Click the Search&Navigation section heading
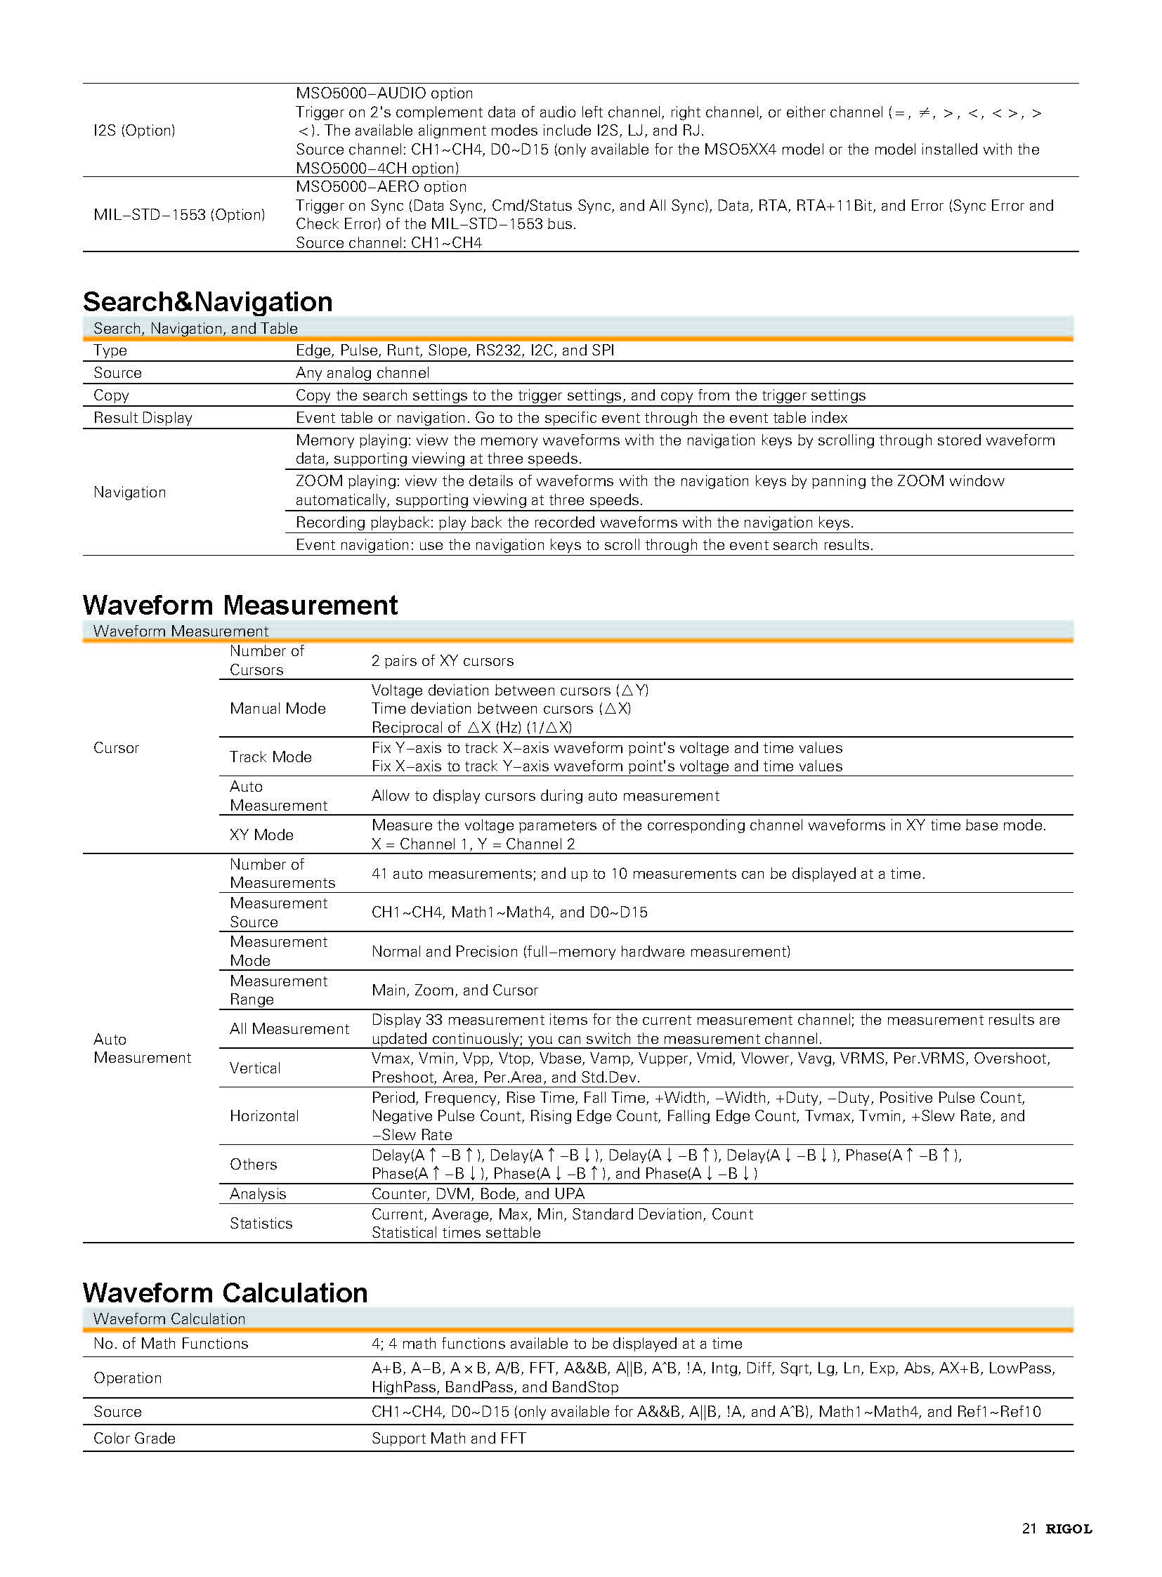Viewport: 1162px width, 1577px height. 207,302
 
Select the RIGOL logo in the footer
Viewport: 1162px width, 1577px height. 1068,1529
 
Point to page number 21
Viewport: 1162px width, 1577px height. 1029,1529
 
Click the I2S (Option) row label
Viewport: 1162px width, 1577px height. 134,131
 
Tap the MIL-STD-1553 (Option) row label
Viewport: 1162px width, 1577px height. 179,214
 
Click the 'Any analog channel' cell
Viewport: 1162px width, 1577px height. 363,373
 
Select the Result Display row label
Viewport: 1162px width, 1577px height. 143,418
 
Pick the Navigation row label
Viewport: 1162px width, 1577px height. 130,492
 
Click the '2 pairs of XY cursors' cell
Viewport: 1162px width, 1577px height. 443,661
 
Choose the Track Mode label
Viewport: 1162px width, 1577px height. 270,757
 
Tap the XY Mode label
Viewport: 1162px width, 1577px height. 261,835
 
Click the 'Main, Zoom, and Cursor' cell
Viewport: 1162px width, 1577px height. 455,990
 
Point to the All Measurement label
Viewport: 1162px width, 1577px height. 289,1029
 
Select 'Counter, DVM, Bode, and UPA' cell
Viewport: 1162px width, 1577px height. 478,1193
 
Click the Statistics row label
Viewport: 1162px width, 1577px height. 261,1223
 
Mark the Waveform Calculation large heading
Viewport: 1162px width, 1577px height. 225,1293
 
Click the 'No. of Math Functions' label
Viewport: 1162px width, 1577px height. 171,1344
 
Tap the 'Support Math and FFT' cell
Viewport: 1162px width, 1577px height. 449,1439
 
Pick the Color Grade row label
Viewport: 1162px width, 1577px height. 134,1439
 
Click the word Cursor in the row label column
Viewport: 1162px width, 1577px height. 117,747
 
